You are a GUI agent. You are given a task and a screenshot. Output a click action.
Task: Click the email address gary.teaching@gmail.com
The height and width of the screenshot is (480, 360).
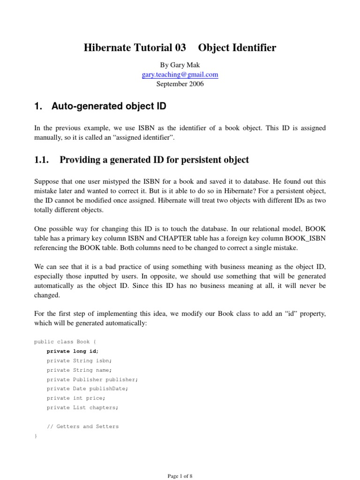tap(180, 75)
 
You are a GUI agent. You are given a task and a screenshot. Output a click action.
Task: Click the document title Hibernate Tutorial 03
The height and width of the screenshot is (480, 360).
tap(135, 48)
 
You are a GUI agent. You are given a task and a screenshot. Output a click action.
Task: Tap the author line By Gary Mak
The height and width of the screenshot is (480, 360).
tap(180, 65)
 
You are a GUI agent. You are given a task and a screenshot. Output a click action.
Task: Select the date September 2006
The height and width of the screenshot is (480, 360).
tap(180, 84)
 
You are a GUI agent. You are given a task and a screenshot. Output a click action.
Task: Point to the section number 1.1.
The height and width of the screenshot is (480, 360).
tap(42, 160)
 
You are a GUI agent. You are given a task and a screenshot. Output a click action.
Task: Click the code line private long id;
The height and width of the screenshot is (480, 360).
tap(73, 351)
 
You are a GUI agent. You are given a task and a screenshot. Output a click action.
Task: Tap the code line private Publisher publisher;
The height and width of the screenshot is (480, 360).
tap(92, 379)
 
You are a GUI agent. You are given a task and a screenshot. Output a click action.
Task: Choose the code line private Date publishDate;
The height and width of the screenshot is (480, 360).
tap(87, 389)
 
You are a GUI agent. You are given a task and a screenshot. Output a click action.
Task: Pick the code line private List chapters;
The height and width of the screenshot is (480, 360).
tap(82, 407)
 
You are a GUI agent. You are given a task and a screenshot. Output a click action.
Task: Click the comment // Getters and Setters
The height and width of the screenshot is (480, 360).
tap(82, 427)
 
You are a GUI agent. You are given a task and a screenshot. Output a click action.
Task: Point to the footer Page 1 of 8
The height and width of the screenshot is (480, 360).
tap(180, 476)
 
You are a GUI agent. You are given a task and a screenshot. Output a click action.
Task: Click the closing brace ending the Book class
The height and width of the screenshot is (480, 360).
tap(36, 436)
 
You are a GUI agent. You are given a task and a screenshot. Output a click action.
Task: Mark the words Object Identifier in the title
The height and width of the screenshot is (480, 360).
tap(237, 48)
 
